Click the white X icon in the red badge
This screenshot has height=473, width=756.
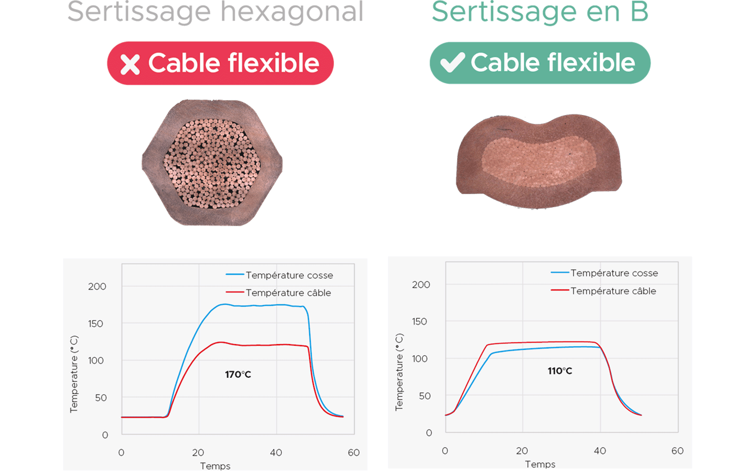(130, 64)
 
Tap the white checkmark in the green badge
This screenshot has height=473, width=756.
(452, 62)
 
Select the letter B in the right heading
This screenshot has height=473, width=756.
(639, 12)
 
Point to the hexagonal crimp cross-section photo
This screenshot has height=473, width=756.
(212, 163)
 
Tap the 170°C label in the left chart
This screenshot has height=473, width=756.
(238, 374)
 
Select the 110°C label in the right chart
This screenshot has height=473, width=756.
(559, 371)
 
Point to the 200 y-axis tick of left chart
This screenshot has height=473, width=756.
(97, 286)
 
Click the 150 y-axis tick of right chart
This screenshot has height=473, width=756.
(420, 321)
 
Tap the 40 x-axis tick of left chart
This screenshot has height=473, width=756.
(276, 452)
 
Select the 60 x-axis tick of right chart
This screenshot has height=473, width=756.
(677, 451)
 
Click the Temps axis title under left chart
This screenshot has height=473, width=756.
(215, 466)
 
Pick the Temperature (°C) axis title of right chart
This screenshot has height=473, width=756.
(399, 372)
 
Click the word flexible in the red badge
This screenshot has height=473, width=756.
(273, 63)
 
